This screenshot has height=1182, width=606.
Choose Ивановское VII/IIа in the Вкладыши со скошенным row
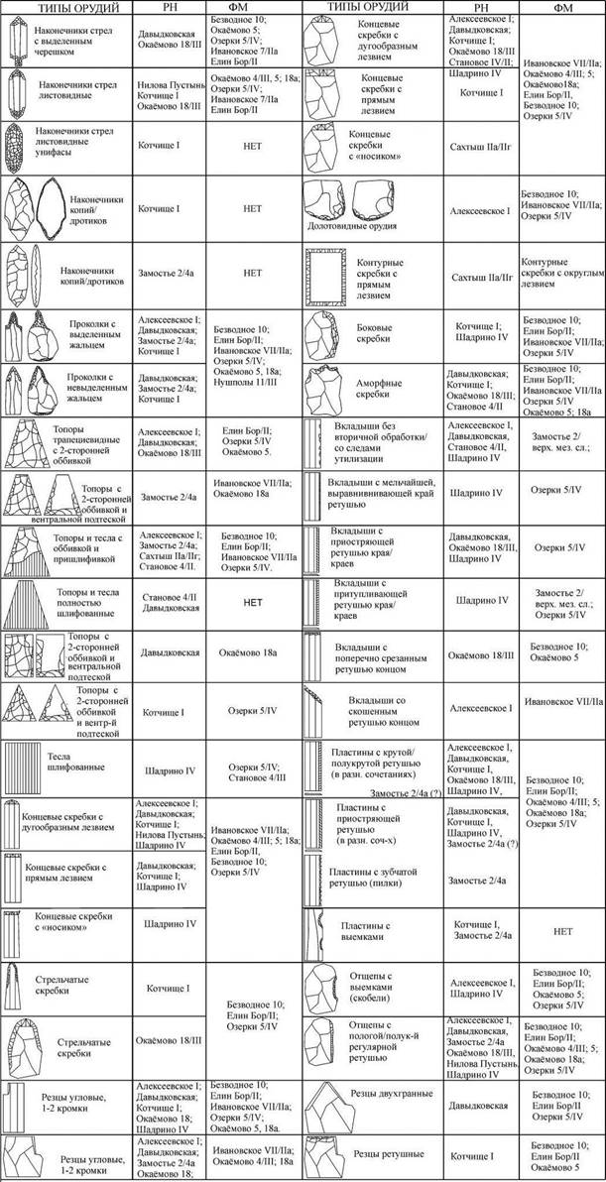pyautogui.click(x=560, y=702)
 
